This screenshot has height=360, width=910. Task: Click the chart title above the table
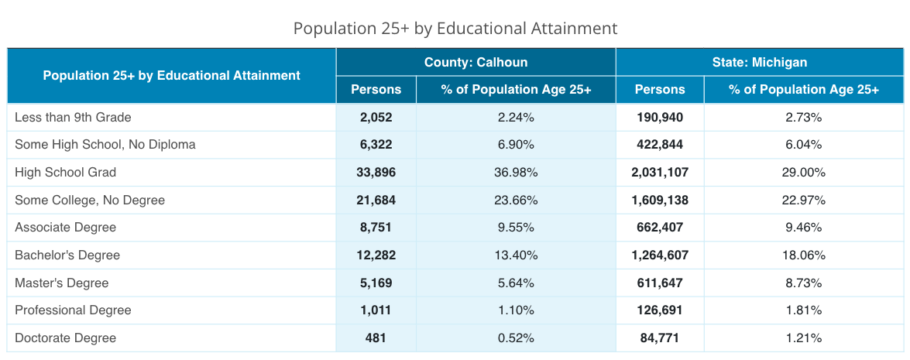click(455, 29)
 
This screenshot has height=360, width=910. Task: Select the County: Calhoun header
click(476, 62)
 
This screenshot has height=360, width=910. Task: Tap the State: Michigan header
click(759, 62)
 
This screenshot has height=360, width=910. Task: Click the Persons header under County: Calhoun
click(376, 90)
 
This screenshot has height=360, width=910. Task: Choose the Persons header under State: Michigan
click(660, 90)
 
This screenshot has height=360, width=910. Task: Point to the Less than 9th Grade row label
click(73, 118)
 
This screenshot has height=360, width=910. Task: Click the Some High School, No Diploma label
click(105, 145)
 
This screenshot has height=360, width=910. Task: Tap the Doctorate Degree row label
click(65, 338)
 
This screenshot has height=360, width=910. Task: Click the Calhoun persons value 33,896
click(376, 173)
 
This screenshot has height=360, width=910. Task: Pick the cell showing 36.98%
click(516, 173)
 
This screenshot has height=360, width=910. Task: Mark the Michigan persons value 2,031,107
click(660, 173)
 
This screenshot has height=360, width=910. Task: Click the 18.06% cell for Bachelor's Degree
click(803, 255)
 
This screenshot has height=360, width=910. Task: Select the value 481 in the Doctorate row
click(376, 338)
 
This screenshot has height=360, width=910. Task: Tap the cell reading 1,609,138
click(660, 201)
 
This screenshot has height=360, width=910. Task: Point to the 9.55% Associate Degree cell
click(516, 228)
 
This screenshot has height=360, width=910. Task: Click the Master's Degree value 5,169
click(376, 283)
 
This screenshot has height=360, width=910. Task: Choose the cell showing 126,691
click(660, 310)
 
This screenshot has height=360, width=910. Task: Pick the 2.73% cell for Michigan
click(803, 118)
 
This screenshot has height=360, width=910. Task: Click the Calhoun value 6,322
click(376, 145)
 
